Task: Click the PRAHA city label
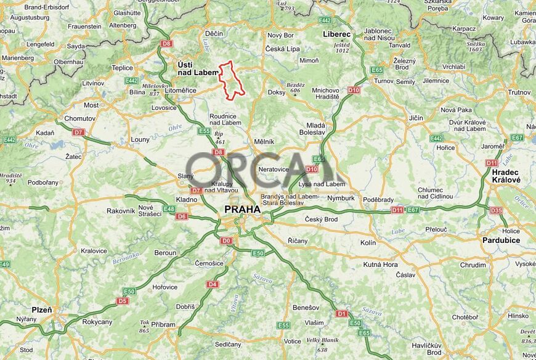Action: pyautogui.click(x=242, y=210)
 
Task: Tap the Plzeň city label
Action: pyautogui.click(x=42, y=309)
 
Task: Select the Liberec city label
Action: pyautogui.click(x=336, y=35)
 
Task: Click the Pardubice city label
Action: pyautogui.click(x=501, y=240)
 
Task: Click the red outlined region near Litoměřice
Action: pyautogui.click(x=232, y=80)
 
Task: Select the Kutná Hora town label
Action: pyautogui.click(x=380, y=264)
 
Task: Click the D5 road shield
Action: pyautogui.click(x=123, y=301)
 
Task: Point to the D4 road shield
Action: pyautogui.click(x=213, y=284)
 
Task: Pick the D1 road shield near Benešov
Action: pyautogui.click(x=342, y=314)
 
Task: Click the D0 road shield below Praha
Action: pyautogui.click(x=226, y=240)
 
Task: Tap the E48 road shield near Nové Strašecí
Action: pyautogui.click(x=169, y=209)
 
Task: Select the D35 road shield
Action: pyautogui.click(x=496, y=211)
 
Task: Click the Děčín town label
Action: pyautogui.click(x=214, y=33)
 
